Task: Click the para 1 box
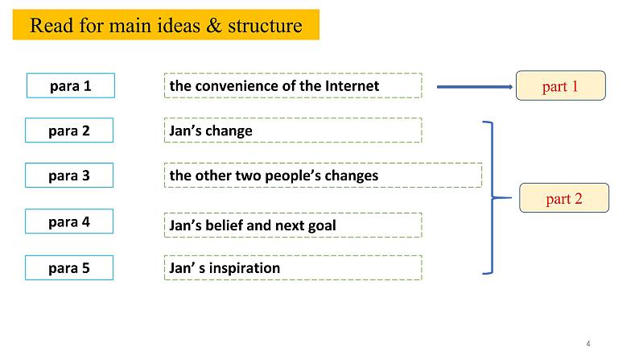[71, 85]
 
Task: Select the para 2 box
[69, 130]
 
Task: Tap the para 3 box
[69, 176]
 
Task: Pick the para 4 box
[69, 221]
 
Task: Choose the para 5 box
[69, 268]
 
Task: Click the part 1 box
[560, 85]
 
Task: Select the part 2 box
[564, 198]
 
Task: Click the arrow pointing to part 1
[475, 87]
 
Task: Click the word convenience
[237, 86]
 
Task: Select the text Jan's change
[211, 130]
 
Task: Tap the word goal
[322, 226]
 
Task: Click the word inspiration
[245, 268]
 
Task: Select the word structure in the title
[265, 26]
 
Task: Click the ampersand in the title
[213, 25]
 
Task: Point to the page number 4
[588, 344]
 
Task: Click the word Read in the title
[52, 25]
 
